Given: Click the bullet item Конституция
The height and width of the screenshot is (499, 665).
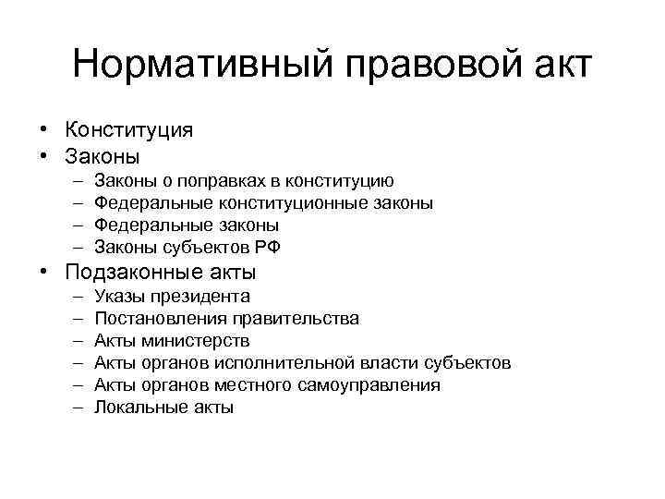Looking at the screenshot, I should (129, 130).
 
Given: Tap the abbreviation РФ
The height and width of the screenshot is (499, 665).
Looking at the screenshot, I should (268, 248).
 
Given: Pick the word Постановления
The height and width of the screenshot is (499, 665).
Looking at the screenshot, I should (153, 319).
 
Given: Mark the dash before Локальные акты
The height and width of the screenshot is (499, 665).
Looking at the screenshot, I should (76, 408).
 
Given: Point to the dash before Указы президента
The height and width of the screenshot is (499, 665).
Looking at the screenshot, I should (76, 297).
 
